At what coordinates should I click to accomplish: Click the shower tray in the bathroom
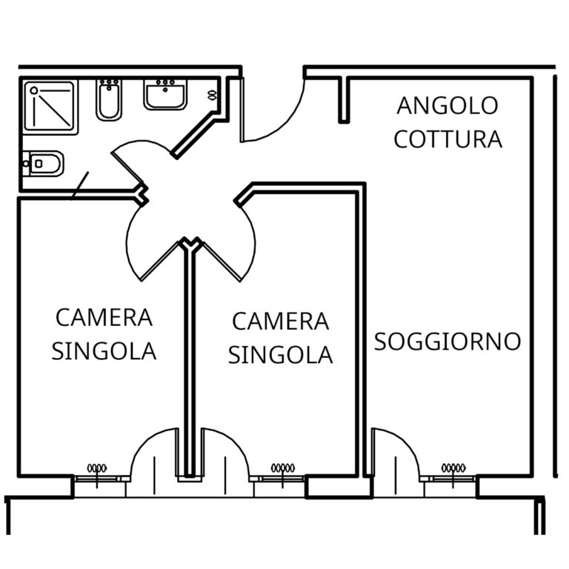50,107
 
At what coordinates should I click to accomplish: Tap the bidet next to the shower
108,101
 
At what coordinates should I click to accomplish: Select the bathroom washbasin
164,94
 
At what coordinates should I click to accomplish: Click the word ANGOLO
447,105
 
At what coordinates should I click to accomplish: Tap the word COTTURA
447,139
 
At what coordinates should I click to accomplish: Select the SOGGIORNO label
447,342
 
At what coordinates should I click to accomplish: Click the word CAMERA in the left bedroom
104,318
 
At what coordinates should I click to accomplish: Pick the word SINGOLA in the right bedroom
280,355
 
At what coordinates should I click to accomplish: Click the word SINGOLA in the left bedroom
104,350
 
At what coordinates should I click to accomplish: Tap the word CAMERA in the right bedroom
280,322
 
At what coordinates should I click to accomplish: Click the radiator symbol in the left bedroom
97,467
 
